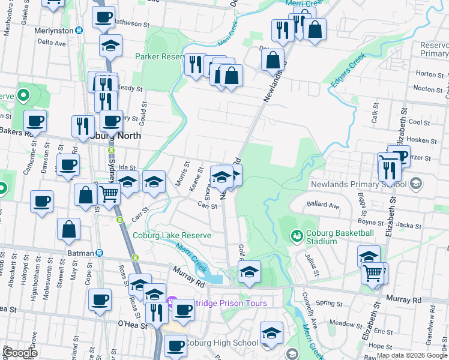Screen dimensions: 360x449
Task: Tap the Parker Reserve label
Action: coord(161,56)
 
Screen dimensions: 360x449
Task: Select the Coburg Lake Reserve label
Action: coord(172,236)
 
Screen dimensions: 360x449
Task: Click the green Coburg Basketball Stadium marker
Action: coord(296,237)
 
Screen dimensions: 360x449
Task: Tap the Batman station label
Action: coord(80,253)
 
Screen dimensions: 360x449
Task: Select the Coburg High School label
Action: coord(221,343)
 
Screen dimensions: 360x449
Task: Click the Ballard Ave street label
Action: coord(323,205)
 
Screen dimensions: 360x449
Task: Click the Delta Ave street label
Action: coord(51,43)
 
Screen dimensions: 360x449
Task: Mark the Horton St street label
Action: coord(429,74)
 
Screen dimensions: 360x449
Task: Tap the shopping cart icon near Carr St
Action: coord(109,194)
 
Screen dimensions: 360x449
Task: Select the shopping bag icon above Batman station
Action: coord(69,228)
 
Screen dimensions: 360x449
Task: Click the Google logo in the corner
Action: coord(19,353)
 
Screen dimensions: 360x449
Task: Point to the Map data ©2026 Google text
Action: coord(412,355)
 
